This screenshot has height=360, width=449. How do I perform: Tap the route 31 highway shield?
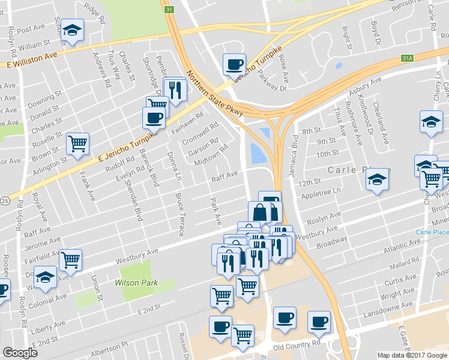[x=169, y=10]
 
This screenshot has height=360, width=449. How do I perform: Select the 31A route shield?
[x=408, y=59]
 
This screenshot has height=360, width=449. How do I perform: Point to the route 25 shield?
[x=4, y=199]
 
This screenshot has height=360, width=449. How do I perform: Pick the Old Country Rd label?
[x=296, y=346]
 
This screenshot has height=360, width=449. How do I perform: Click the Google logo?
[x=20, y=353]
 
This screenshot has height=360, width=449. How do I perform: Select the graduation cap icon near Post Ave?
[x=71, y=32]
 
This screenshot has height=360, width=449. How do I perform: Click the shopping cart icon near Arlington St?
[x=77, y=143]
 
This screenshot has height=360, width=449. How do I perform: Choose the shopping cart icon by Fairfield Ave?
[x=71, y=259]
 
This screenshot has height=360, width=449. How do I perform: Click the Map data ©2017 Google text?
[x=411, y=355]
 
